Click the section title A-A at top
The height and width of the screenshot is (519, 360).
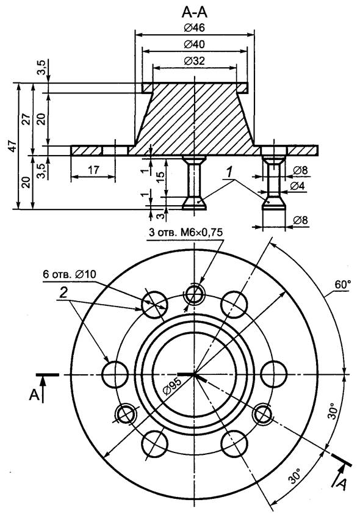click(x=195, y=12)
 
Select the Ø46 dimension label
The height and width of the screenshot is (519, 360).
click(x=195, y=28)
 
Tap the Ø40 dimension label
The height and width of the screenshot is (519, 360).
click(x=195, y=45)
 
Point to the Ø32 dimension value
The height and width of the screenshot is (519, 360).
click(x=195, y=61)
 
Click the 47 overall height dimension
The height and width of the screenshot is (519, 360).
click(x=13, y=146)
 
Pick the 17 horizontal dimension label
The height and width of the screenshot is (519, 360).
click(x=93, y=170)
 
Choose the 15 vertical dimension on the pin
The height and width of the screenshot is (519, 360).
click(x=159, y=178)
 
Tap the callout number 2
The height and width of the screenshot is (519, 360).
click(x=63, y=292)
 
